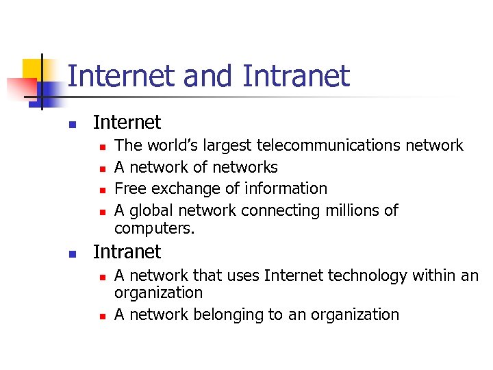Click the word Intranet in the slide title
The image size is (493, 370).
click(x=295, y=76)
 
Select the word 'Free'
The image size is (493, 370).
click(x=129, y=188)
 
